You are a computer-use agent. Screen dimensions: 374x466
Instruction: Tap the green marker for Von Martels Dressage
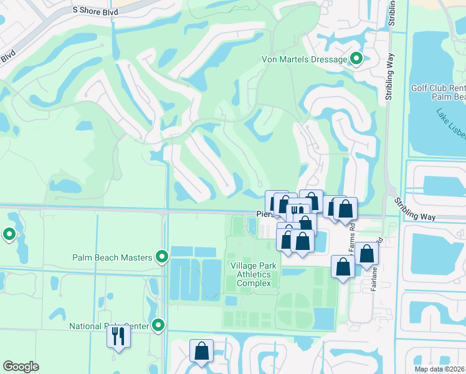[x=356, y=59]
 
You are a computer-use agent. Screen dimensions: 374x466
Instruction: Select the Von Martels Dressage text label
[x=303, y=59]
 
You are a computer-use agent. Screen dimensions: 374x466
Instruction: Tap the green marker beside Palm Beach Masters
[x=161, y=257]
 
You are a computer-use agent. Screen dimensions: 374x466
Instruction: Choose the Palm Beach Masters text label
[x=112, y=257]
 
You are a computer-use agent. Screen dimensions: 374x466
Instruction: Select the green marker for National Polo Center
[x=158, y=325]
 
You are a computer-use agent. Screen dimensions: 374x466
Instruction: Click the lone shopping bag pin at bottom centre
[x=202, y=351]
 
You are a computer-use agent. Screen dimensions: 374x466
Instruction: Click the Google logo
[x=21, y=367]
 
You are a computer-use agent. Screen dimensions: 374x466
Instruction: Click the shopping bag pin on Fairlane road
[x=367, y=254]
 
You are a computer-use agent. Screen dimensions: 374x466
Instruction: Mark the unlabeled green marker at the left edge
[x=9, y=234]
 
